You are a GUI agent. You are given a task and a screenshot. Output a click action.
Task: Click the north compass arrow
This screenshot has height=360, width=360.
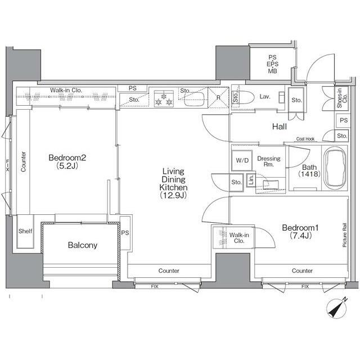coord(337,308)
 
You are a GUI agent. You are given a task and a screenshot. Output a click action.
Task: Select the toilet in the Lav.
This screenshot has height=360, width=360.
coord(243,97)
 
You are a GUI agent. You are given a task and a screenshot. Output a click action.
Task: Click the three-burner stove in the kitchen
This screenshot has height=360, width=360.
coord(164,98)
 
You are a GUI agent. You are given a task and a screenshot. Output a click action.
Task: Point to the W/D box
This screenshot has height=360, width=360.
coord(242,160)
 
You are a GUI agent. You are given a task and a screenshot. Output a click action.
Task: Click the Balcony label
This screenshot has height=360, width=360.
coord(83,245)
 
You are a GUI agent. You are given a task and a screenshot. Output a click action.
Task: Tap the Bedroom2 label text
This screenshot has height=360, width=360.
coord(67,157)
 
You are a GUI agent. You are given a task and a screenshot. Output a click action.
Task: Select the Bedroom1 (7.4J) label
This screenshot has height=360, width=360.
coord(300,231)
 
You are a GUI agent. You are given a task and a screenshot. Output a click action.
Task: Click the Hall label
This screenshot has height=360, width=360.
coord(280,127)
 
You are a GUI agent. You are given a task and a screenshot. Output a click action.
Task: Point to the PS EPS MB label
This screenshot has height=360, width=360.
coord(272,64)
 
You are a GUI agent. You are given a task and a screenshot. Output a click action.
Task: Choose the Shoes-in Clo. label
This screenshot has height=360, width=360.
coord(342,97)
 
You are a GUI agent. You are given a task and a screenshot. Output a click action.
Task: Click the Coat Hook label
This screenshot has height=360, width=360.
coord(305,139)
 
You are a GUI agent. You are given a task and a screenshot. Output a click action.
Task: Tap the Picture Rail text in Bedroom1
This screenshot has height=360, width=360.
coord(345,235)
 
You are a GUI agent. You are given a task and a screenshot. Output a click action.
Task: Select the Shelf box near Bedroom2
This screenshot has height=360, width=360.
coord(25,231)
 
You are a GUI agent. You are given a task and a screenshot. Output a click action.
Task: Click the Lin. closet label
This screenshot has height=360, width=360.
coord(251,180)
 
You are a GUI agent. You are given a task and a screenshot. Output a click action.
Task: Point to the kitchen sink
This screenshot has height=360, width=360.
coord(194,99)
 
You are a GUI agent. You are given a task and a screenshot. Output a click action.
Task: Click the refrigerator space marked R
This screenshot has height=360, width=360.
coord(218,97)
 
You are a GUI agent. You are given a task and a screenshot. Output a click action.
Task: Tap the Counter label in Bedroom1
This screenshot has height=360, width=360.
coord(302,271)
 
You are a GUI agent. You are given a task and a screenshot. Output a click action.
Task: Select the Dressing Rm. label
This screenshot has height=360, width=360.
coord(269,161)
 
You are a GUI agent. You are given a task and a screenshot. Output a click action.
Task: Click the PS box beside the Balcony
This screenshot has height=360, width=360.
coord(125,233)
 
